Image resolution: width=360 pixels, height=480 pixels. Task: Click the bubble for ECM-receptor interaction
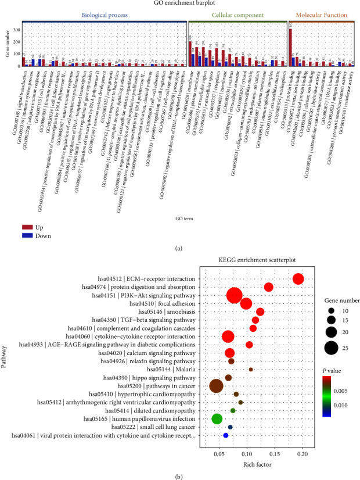click(298, 280)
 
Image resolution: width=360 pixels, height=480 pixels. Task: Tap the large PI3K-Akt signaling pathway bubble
click(235, 296)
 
